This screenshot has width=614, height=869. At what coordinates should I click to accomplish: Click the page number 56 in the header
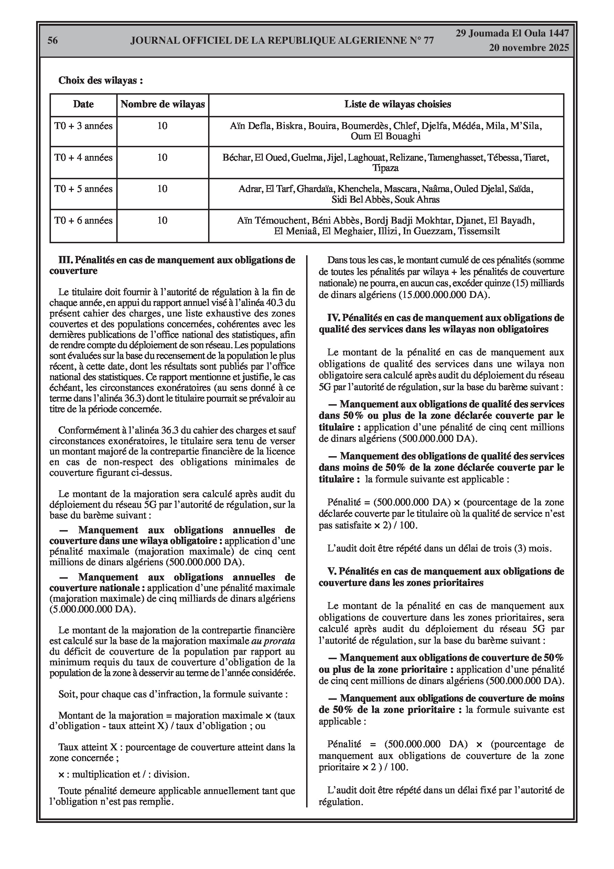tap(53, 41)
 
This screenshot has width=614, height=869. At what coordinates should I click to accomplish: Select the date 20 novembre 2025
tap(529, 48)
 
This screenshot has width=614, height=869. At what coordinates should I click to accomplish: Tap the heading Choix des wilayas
tap(100, 81)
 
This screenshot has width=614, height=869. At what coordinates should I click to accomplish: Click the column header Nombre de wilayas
tap(162, 104)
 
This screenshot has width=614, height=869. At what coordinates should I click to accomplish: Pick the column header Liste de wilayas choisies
tap(398, 104)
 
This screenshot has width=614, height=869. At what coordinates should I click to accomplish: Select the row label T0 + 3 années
tap(83, 126)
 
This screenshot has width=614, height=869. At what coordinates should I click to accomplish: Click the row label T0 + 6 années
tap(83, 220)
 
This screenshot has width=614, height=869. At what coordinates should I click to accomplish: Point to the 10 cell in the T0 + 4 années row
tap(162, 158)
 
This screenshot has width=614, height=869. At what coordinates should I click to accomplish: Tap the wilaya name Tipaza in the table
tap(385, 168)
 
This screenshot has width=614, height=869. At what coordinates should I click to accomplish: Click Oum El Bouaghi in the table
tap(385, 136)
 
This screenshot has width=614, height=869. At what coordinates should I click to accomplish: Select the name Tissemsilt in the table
tap(479, 231)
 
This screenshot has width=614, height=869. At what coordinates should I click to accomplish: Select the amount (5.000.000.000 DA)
tap(93, 609)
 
